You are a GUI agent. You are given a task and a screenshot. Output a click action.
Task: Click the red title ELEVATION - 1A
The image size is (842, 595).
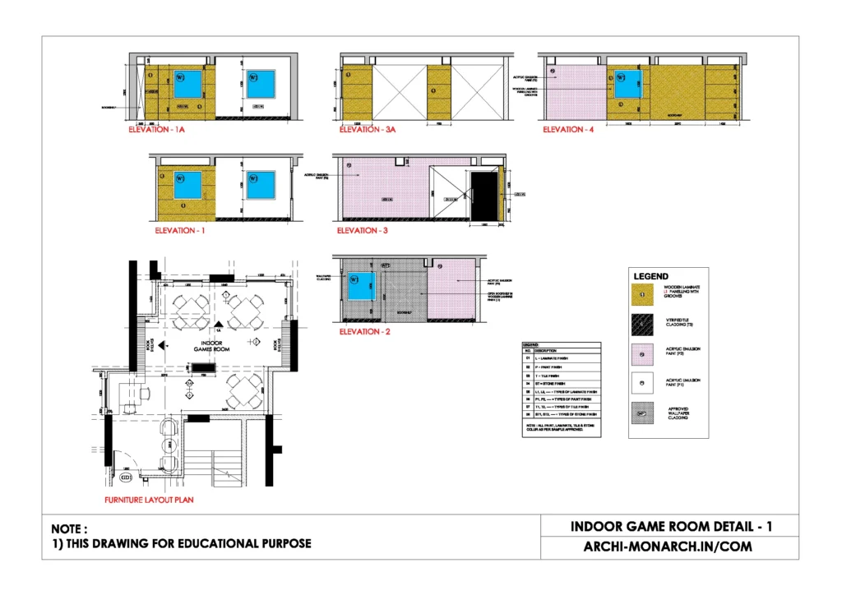(x=163, y=130)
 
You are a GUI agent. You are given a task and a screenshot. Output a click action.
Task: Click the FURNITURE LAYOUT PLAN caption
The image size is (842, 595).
(x=144, y=500)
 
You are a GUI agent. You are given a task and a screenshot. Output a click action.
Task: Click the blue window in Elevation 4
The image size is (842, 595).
(x=627, y=85)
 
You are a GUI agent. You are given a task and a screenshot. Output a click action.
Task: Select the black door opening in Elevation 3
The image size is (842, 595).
(x=484, y=197)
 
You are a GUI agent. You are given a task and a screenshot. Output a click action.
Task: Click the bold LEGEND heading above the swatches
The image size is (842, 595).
(x=650, y=276)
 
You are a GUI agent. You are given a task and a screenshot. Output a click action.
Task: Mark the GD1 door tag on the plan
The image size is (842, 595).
(x=126, y=477)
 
